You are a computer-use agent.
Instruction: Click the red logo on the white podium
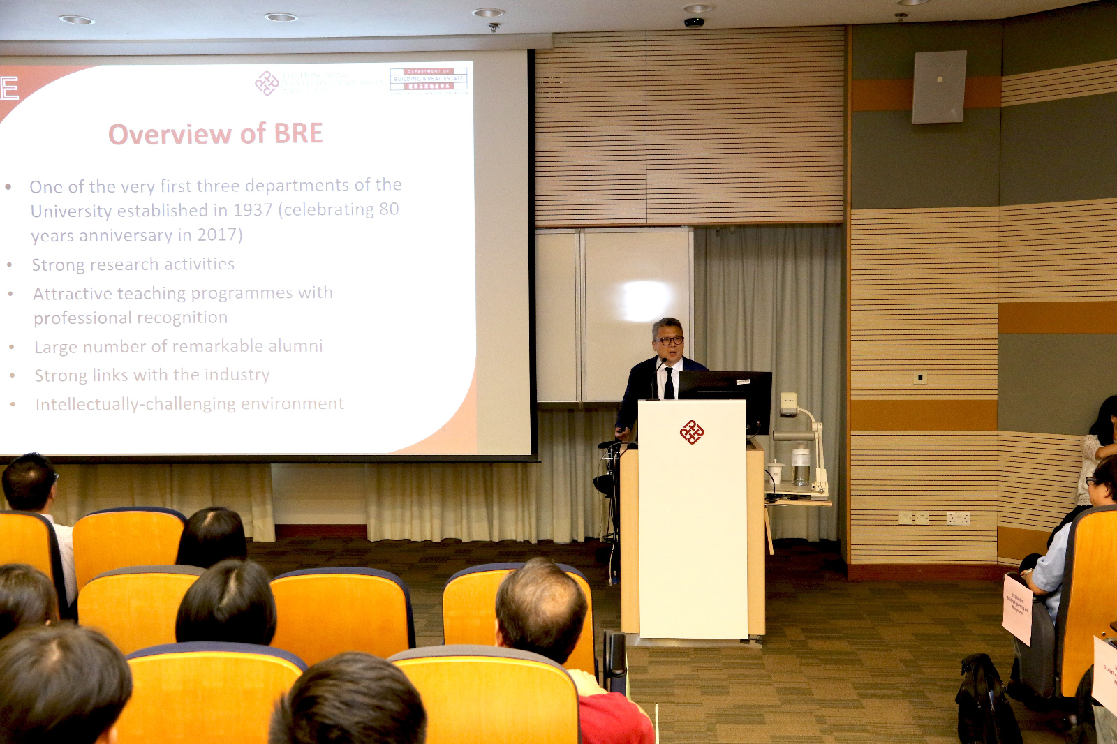pyautogui.click(x=691, y=432)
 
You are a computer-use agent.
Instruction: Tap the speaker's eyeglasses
pyautogui.click(x=669, y=341)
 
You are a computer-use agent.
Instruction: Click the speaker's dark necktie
pyautogui.click(x=669, y=383)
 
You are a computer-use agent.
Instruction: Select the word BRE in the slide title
pyautogui.click(x=298, y=133)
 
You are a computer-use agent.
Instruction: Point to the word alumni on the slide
pyautogui.click(x=298, y=345)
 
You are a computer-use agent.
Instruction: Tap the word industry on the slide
pyautogui.click(x=237, y=375)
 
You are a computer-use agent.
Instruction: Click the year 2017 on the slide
pyautogui.click(x=216, y=235)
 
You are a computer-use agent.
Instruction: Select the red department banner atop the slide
pyautogui.click(x=428, y=79)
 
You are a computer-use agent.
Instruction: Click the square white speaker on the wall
pyautogui.click(x=939, y=87)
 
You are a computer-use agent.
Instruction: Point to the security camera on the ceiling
pyautogui.click(x=694, y=22)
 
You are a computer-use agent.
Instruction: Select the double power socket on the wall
pyautogui.click(x=958, y=518)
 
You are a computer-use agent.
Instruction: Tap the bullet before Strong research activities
pyautogui.click(x=10, y=265)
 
